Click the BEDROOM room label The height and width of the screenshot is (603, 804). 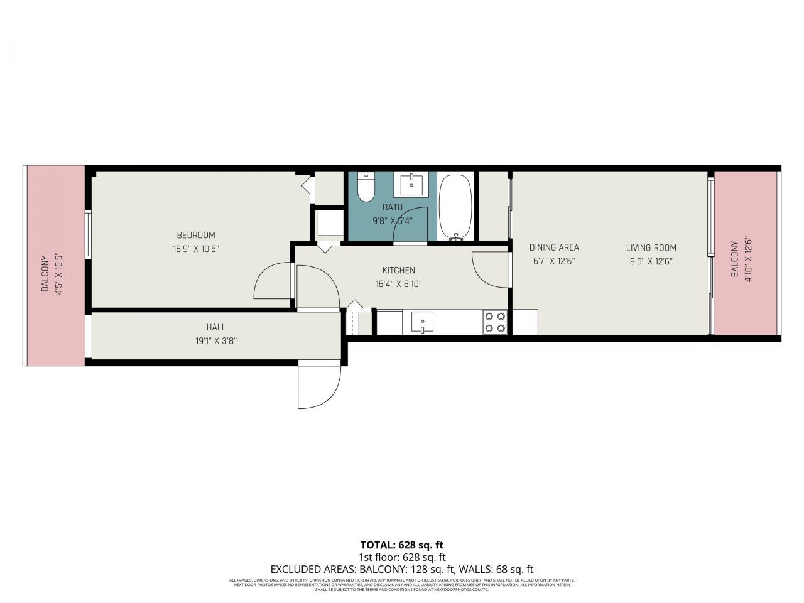pyautogui.click(x=195, y=235)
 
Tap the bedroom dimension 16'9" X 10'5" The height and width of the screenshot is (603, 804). pyautogui.click(x=195, y=249)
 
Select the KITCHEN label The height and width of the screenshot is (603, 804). pyautogui.click(x=398, y=270)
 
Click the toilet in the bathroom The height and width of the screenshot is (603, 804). pyautogui.click(x=366, y=187)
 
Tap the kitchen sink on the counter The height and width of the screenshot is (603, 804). pyautogui.click(x=423, y=322)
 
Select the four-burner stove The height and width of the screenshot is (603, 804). pyautogui.click(x=495, y=322)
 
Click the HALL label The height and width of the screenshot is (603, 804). pyautogui.click(x=216, y=327)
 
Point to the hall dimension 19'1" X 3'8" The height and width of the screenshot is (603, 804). pyautogui.click(x=216, y=341)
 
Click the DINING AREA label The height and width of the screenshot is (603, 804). pyautogui.click(x=554, y=247)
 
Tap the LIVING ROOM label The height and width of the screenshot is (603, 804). pyautogui.click(x=651, y=247)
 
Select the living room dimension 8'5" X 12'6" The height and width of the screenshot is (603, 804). pyautogui.click(x=651, y=262)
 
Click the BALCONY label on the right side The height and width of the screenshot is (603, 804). pyautogui.click(x=734, y=259)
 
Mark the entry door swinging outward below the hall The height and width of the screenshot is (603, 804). pyautogui.click(x=319, y=384)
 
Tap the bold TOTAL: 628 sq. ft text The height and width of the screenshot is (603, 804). pyautogui.click(x=402, y=545)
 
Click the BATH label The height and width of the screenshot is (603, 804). pyautogui.click(x=393, y=207)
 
